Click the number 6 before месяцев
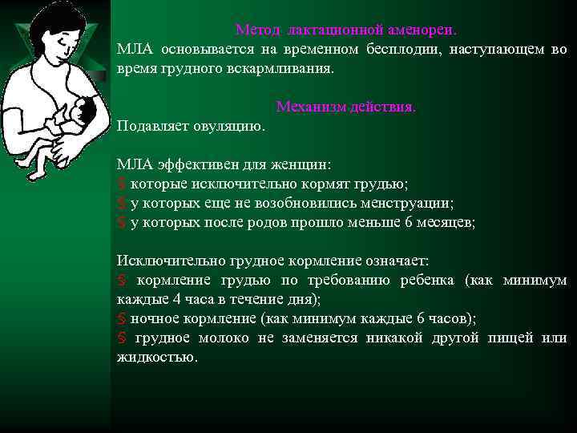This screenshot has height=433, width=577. (x=409, y=223)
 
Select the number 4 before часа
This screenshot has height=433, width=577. (x=172, y=300)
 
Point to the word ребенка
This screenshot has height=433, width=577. (x=427, y=281)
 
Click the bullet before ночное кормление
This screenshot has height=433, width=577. (x=121, y=319)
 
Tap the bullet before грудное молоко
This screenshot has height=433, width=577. (x=121, y=338)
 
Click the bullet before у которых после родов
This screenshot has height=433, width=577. (x=121, y=223)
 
